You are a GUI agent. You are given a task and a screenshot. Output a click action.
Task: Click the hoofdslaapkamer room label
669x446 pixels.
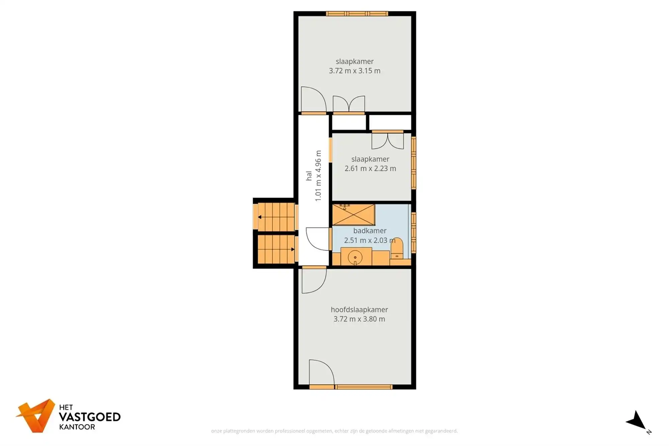point(359,309)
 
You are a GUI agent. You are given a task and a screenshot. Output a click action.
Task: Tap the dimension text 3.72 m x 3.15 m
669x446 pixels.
point(355,71)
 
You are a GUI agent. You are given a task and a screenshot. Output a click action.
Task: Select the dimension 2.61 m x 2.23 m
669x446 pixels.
point(370,169)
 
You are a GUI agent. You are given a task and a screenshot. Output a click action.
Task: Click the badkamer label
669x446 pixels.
point(370,231)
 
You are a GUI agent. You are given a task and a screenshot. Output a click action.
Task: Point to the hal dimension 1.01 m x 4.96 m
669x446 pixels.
point(318,176)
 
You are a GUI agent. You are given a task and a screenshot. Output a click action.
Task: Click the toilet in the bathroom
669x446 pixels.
point(397,249)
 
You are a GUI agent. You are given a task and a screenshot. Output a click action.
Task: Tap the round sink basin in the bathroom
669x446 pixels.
point(355,257)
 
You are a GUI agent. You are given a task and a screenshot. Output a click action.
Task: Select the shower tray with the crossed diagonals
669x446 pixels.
point(354,215)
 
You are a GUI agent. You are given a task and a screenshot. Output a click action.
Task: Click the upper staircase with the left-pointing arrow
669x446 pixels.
point(276,217)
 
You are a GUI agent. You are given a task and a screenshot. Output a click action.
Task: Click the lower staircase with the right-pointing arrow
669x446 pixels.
point(276,249)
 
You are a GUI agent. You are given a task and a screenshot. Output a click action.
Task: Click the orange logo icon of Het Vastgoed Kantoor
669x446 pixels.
point(36,416)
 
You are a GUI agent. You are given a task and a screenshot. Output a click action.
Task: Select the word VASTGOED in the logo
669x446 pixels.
point(90,417)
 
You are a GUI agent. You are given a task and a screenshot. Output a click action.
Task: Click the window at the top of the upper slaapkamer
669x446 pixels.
point(357,14)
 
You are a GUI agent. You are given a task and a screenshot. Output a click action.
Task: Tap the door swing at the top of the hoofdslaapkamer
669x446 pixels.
point(313,280)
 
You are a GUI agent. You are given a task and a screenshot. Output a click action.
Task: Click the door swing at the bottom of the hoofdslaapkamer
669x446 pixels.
point(321,372)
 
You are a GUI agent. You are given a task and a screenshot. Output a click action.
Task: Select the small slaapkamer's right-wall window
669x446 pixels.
point(414,163)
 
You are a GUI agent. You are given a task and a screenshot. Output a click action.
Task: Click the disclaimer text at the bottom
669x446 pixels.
point(334,431)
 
